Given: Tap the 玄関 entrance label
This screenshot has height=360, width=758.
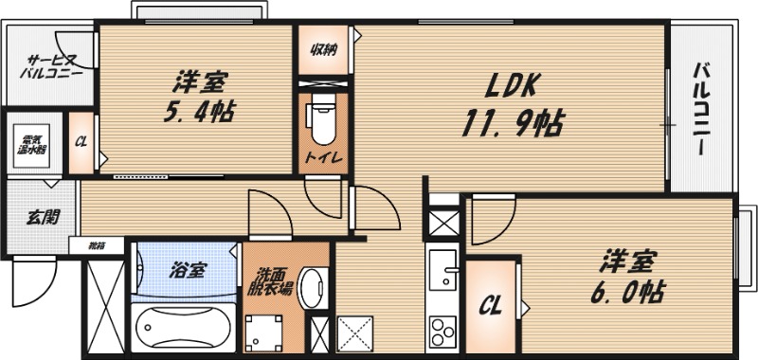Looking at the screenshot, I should coord(39,216).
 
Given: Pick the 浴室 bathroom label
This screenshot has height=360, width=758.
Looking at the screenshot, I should coord(187,270).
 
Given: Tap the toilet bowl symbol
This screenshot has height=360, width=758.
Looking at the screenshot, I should coord(322,118).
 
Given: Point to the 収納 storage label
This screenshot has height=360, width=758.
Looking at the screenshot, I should coord(323,50).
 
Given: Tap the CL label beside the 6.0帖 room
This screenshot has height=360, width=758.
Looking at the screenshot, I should coord(490,306).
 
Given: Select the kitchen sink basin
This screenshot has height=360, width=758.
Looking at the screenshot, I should coord(442,271).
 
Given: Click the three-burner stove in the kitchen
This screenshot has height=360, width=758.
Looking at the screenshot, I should coord(442,331).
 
